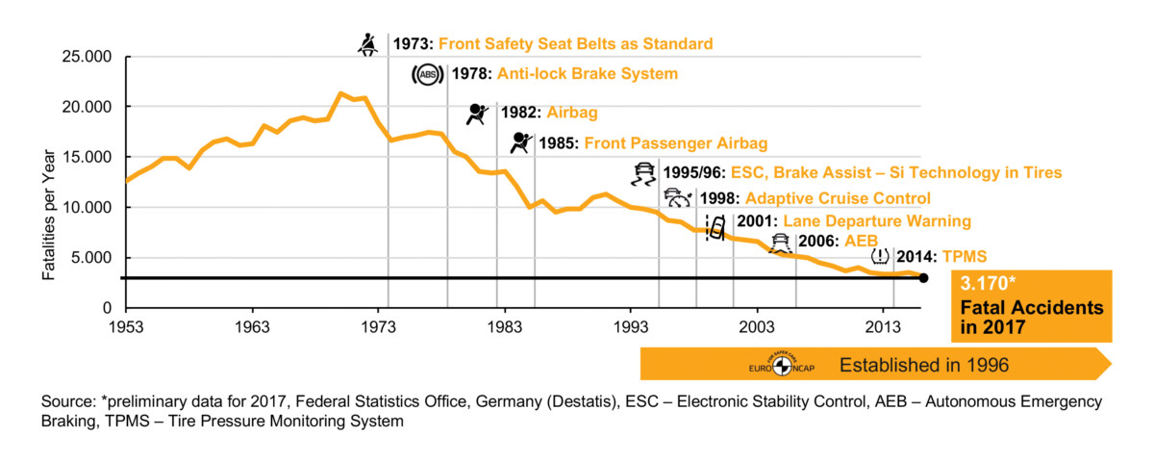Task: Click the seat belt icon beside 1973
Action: (x=368, y=43)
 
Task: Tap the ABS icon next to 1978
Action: (x=426, y=74)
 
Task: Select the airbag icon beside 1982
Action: (x=477, y=114)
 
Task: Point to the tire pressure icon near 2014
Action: (x=880, y=257)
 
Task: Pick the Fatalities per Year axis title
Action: (x=47, y=182)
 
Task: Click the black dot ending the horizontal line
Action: (x=923, y=278)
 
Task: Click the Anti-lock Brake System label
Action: (x=588, y=73)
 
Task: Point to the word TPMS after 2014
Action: (x=964, y=256)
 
